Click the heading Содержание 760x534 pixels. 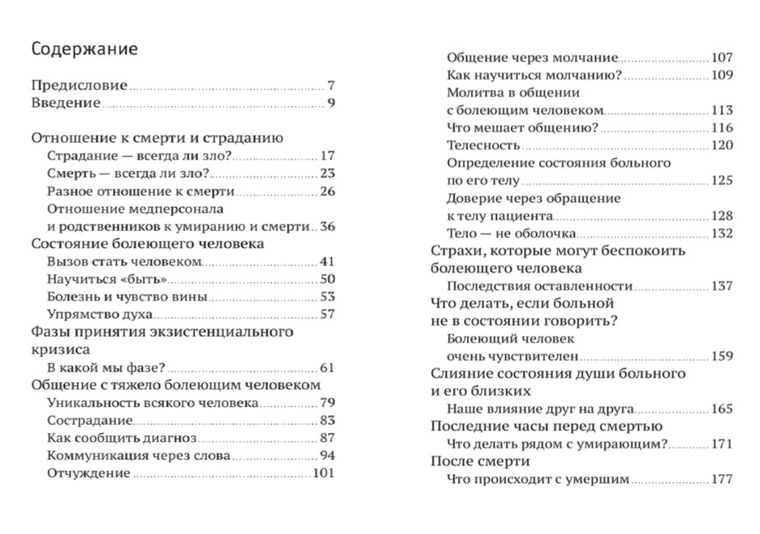click(84, 49)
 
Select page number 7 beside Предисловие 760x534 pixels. click(331, 85)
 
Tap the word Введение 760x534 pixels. click(66, 103)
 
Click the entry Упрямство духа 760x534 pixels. click(101, 314)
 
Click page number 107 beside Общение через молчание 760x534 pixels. click(721, 58)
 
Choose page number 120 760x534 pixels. click(721, 145)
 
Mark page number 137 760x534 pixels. click(721, 286)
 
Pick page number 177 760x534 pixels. click(721, 479)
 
